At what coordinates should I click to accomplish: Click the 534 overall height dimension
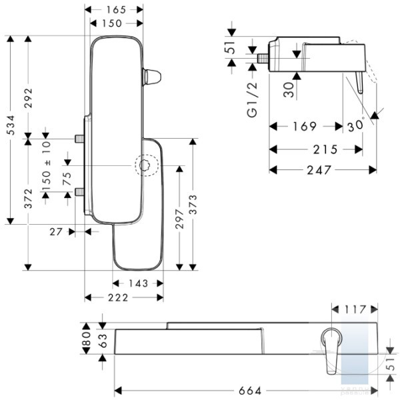pyautogui.click(x=11, y=125)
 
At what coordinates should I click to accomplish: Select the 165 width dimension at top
pyautogui.click(x=116, y=10)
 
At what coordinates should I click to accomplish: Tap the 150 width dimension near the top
pyautogui.click(x=112, y=23)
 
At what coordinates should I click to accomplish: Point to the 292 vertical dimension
pyautogui.click(x=28, y=98)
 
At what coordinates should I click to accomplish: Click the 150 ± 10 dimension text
pyautogui.click(x=47, y=166)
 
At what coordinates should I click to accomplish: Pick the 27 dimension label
pyautogui.click(x=56, y=232)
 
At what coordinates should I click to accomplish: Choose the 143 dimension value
pyautogui.click(x=138, y=283)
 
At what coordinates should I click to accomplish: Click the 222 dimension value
pyautogui.click(x=118, y=297)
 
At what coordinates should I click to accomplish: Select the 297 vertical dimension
pyautogui.click(x=179, y=219)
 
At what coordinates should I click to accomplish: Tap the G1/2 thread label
pyautogui.click(x=253, y=99)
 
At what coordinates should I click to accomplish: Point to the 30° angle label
pyautogui.click(x=355, y=125)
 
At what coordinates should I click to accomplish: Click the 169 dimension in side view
pyautogui.click(x=305, y=126)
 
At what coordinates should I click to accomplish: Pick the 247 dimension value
pyautogui.click(x=319, y=170)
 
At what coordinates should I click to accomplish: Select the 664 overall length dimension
pyautogui.click(x=250, y=391)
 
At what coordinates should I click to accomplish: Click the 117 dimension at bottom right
pyautogui.click(x=355, y=309)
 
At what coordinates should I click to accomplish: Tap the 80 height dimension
pyautogui.click(x=87, y=338)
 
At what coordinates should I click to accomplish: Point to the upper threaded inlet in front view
pyautogui.click(x=79, y=139)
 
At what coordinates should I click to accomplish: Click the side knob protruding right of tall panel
pyautogui.click(x=152, y=77)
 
